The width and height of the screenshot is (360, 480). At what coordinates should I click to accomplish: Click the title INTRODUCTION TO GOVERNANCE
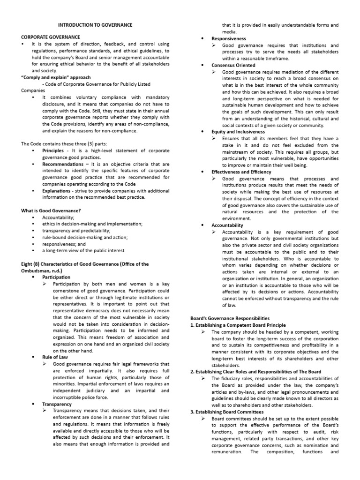click(95, 24)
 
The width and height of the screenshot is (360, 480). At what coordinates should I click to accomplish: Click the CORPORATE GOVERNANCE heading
click(51, 37)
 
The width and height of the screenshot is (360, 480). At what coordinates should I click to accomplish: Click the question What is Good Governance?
click(51, 211)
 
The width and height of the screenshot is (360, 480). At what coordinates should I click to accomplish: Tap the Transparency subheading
click(57, 404)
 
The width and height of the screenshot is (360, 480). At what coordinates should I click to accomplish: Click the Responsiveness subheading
click(229, 38)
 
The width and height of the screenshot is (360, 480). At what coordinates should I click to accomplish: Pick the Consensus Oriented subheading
click(232, 65)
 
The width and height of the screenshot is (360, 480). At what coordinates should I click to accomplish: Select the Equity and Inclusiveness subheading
click(238, 132)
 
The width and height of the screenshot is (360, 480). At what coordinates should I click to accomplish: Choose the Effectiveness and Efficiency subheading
click(241, 172)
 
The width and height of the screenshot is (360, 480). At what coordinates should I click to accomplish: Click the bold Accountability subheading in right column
click(227, 225)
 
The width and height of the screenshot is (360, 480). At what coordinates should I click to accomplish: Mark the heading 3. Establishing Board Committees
click(227, 412)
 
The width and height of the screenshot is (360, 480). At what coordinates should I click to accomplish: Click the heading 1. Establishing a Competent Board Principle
click(238, 325)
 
